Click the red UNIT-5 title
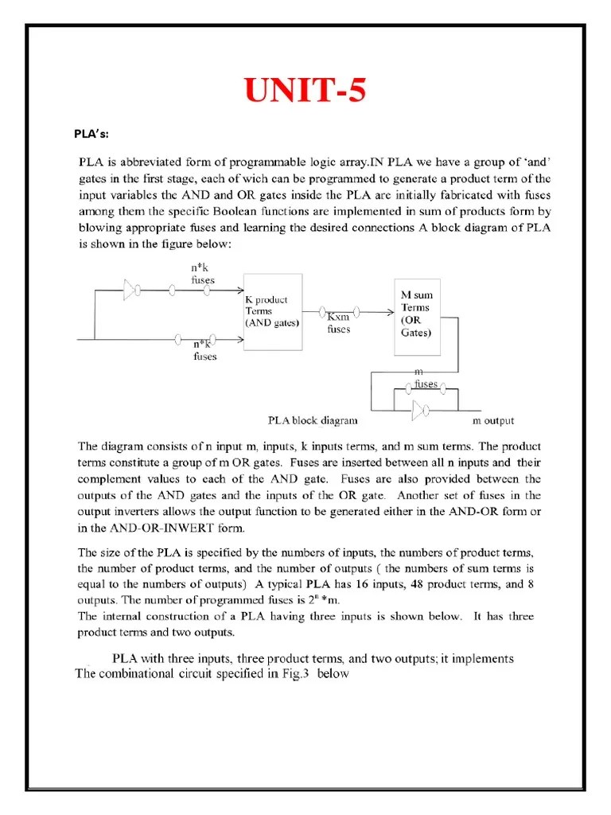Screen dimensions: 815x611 pos(305,92)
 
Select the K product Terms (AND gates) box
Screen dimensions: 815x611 pos(272,312)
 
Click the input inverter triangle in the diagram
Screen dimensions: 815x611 pos(130,292)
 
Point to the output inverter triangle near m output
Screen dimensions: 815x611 pos(420,411)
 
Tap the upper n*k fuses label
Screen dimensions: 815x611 pos(202,275)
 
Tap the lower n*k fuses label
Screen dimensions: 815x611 pos(205,351)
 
